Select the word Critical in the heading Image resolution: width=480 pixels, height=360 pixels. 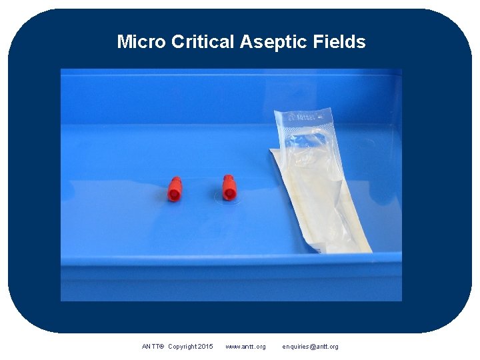[203, 42]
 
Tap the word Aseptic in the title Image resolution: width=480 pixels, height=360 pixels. [272, 42]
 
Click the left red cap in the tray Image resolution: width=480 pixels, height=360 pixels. [175, 189]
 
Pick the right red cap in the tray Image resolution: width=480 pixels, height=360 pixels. [229, 187]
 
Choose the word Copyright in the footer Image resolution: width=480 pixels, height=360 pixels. [183, 347]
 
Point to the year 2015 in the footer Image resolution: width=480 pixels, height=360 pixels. [206, 347]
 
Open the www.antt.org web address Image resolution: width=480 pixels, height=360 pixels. [245, 347]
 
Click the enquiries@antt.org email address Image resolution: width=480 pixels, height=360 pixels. [310, 347]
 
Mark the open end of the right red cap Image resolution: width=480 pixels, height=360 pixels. [229, 194]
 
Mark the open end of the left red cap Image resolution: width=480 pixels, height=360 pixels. [174, 195]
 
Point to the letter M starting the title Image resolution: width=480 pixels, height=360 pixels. [123, 42]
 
